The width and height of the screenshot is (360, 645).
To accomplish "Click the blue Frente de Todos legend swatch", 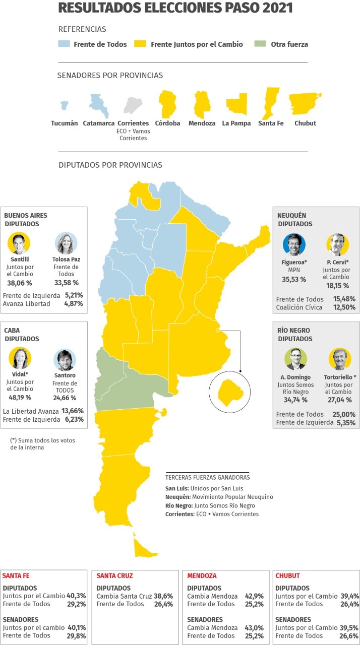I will tap(64, 44).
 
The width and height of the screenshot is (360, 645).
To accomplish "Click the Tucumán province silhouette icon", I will tap(64, 105).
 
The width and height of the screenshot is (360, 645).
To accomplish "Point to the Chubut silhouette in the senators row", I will tap(305, 103).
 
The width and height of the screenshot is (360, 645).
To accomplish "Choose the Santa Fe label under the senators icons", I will tap(271, 123).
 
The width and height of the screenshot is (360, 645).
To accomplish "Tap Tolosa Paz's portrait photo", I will tap(66, 243).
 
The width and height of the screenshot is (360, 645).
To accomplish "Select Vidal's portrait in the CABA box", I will tap(20, 358).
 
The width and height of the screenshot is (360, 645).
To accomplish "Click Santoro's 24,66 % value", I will tap(66, 398).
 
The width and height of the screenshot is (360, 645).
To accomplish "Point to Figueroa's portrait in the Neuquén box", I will tap(294, 244).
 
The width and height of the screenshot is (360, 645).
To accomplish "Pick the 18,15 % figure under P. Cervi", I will tap(338, 286).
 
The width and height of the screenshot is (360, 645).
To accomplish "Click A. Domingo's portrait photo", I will tap(295, 359).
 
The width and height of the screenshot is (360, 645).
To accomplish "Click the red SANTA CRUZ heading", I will tap(114, 575).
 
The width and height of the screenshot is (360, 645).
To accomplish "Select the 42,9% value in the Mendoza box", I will tap(254, 596).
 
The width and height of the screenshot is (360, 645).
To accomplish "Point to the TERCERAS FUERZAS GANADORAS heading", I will tap(207, 477).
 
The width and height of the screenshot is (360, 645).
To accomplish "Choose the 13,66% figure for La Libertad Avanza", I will tap(73, 411).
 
